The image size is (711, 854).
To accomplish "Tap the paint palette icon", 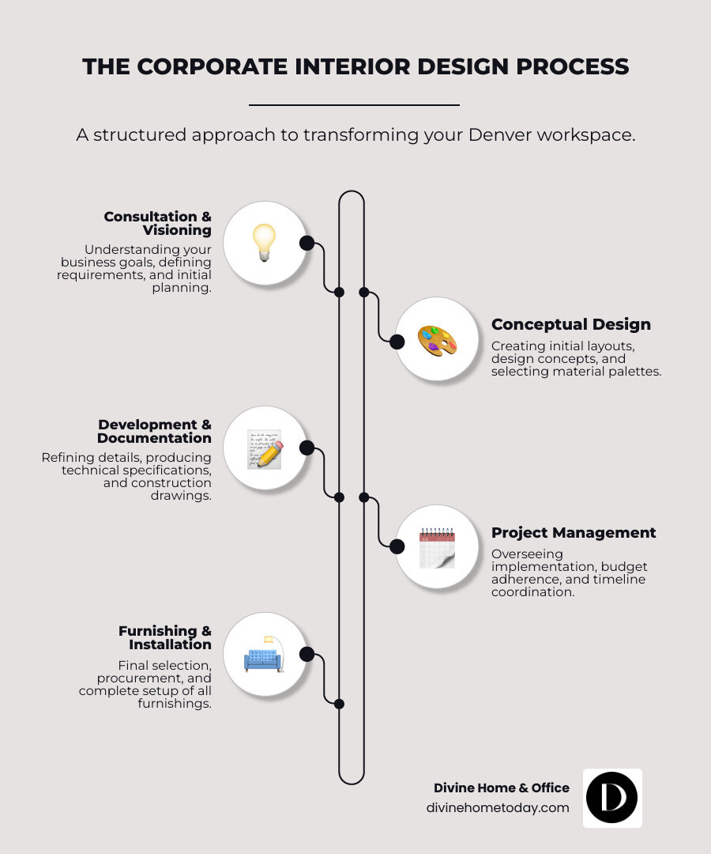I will click(437, 342).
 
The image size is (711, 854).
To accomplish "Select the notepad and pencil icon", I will click(264, 449).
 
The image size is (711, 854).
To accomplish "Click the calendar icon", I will click(437, 547).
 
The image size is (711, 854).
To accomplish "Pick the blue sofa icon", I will click(264, 656).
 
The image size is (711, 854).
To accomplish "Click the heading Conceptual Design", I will click(570, 324).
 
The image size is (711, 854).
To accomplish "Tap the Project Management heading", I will click(573, 533).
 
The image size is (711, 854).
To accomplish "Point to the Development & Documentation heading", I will click(154, 431).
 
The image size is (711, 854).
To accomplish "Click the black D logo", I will click(611, 798).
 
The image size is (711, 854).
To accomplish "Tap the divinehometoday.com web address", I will click(498, 807).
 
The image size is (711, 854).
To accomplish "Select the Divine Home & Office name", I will click(501, 788).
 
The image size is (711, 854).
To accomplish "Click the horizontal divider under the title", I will click(354, 104).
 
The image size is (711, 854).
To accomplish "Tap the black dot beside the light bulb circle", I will click(307, 243).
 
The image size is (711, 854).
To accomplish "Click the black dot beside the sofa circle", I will click(307, 654).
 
